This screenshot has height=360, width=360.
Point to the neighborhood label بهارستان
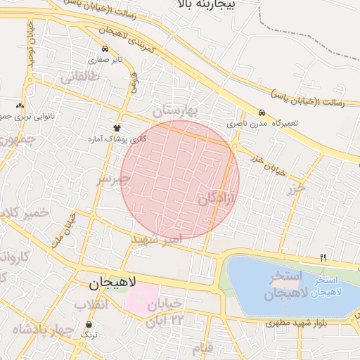click(x=176, y=110)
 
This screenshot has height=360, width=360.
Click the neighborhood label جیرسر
click(x=114, y=179)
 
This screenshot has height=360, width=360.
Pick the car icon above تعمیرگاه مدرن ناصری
click(x=262, y=112)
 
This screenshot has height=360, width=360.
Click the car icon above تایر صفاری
click(x=105, y=49)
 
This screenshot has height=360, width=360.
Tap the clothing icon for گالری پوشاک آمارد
click(x=116, y=128)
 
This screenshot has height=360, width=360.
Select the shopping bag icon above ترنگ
click(x=90, y=325)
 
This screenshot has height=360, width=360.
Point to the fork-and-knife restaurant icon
click(x=323, y=257)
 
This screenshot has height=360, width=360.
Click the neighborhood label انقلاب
click(x=92, y=304)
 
